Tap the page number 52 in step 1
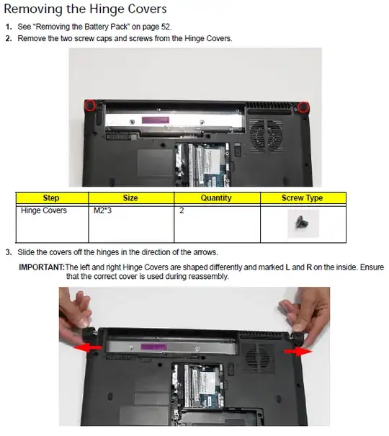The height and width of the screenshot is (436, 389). (x=166, y=27)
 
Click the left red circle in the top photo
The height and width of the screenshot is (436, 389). (x=90, y=105)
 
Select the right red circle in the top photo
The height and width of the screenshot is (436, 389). (x=303, y=107)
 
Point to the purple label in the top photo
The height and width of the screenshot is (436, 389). (x=156, y=120)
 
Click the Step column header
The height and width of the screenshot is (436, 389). (x=51, y=198)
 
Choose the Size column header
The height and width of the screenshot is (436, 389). (x=130, y=198)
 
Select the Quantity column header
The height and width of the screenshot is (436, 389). (x=216, y=198)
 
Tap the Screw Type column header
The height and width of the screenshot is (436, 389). (x=303, y=198)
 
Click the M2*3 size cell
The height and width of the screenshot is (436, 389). (x=102, y=210)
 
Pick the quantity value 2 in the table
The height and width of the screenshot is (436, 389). (x=182, y=210)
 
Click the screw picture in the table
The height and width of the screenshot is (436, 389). (x=301, y=223)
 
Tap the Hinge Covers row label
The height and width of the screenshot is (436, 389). (x=44, y=210)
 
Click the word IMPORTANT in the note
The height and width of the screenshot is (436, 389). (x=42, y=267)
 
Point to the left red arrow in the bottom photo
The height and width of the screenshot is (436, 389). (x=87, y=348)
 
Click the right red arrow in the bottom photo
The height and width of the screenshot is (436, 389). (x=298, y=352)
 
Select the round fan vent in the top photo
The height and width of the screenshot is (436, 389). (x=267, y=135)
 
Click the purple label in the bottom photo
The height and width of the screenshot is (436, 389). (x=154, y=347)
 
